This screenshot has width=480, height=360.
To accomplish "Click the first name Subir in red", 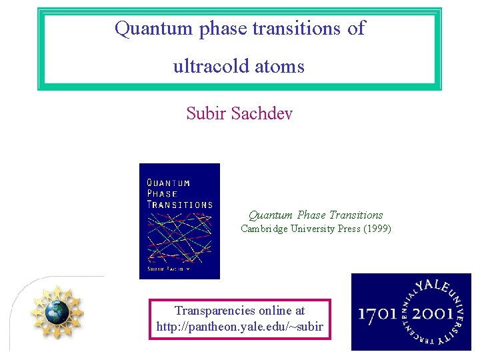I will (x=207, y=113).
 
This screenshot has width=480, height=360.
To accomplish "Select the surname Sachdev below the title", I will (x=262, y=113).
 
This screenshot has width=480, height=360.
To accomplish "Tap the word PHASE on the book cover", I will (x=161, y=194).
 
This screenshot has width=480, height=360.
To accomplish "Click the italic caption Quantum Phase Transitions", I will (x=315, y=215).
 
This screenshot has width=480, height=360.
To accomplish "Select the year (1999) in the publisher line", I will (x=377, y=229).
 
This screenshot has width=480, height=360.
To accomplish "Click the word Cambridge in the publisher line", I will (x=265, y=229).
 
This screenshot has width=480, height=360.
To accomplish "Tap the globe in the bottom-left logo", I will (x=57, y=311).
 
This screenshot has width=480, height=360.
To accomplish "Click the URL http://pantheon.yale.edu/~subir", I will (x=239, y=327).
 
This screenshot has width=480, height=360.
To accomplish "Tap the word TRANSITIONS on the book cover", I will (x=179, y=205).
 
